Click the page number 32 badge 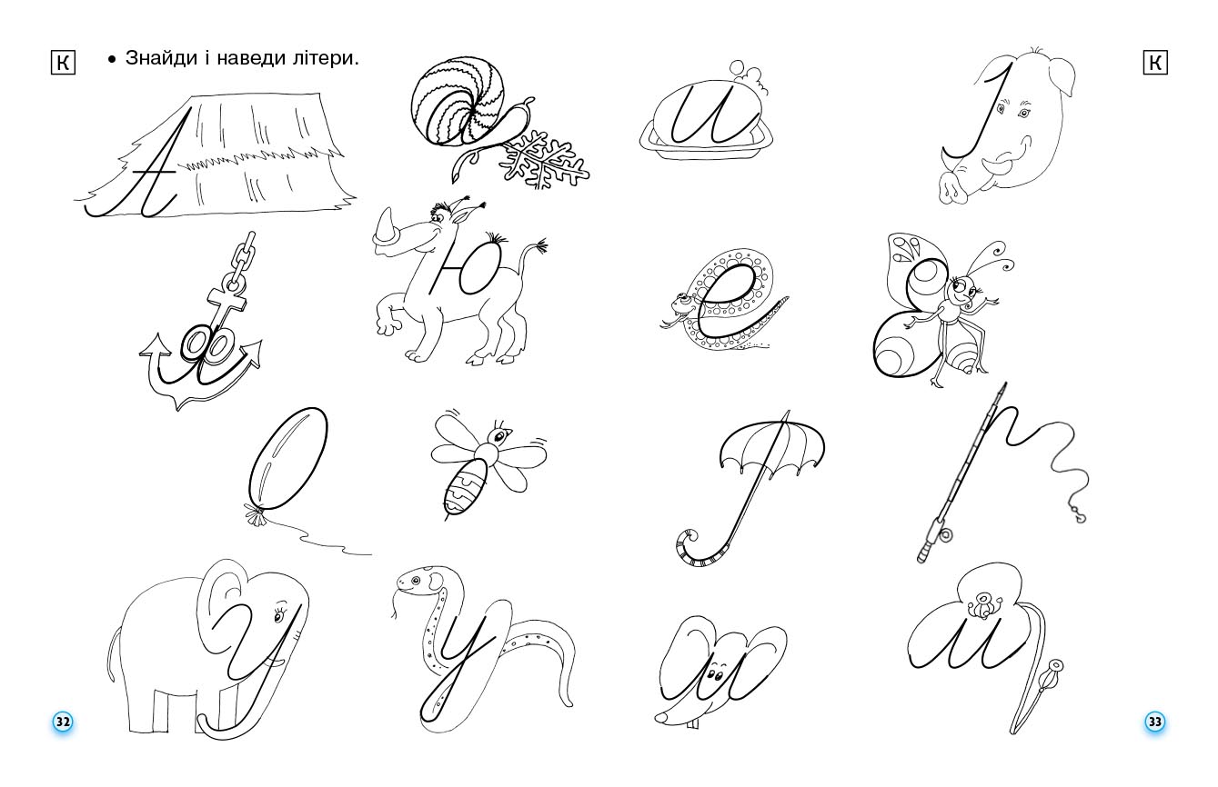(x=63, y=722)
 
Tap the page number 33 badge (x=1154, y=722)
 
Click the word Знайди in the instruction (x=158, y=59)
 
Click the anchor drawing (x=200, y=345)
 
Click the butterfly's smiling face (x=966, y=294)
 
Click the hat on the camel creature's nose (x=389, y=233)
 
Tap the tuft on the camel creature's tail (x=540, y=247)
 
